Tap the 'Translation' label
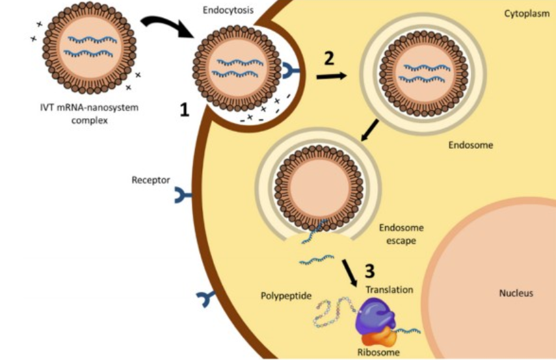tap(389, 289)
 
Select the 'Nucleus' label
tap(516, 293)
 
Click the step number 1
tap(185, 111)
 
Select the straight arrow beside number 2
tap(331, 76)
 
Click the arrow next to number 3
tap(350, 272)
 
